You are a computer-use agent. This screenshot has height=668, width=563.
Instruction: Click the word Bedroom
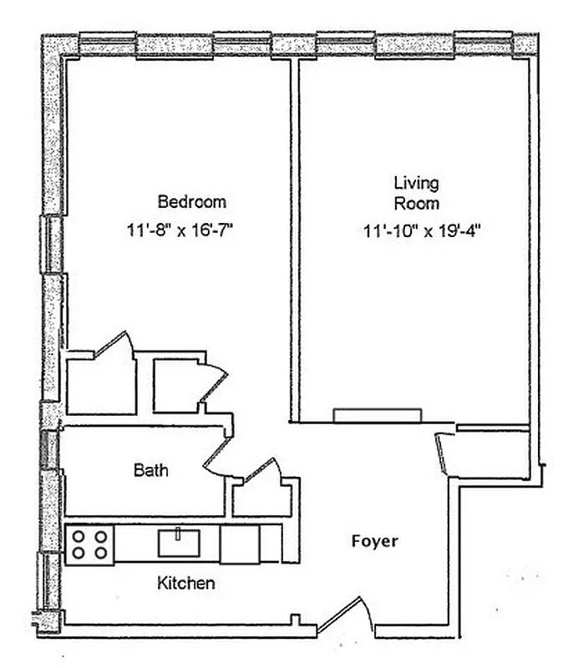191,201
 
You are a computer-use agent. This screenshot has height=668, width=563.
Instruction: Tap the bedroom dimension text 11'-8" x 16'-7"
179,230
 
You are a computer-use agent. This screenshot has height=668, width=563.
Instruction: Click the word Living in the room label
416,183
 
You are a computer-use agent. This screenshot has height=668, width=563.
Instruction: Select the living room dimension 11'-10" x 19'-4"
424,231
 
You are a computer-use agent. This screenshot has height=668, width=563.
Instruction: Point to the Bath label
150,471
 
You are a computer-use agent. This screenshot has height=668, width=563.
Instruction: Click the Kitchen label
185,583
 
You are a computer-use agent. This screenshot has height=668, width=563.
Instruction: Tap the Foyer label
374,541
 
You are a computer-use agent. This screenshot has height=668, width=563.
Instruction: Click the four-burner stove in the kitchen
89,544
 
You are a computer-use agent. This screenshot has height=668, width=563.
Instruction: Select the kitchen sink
179,543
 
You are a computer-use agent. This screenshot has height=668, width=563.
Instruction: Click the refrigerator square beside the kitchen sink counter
239,544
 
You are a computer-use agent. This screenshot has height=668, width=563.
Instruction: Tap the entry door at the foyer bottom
344,616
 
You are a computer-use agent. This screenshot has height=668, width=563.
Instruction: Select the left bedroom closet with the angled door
102,385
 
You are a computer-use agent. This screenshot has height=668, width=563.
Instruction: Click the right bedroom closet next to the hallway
178,387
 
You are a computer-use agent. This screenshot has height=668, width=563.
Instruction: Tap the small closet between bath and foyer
261,496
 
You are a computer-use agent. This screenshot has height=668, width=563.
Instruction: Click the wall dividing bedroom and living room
294,242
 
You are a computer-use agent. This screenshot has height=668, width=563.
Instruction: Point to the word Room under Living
417,203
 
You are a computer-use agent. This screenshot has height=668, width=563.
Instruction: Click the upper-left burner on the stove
79,536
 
